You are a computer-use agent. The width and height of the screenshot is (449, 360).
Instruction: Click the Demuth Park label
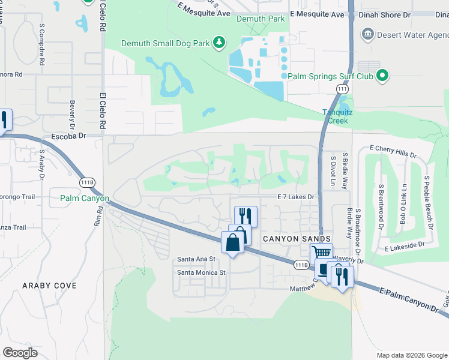(260, 19)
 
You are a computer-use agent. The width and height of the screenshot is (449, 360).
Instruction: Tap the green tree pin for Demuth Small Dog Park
(220, 42)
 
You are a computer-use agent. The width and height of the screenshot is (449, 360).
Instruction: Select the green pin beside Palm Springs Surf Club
(381, 76)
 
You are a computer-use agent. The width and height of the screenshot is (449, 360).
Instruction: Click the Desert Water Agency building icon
(367, 35)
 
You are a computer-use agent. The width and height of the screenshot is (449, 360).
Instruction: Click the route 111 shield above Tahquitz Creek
(342, 89)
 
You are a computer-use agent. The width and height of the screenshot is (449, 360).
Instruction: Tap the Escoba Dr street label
(69, 136)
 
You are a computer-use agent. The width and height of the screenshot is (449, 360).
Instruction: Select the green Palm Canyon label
(85, 198)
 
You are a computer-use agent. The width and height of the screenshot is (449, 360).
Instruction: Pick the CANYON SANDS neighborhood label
(297, 239)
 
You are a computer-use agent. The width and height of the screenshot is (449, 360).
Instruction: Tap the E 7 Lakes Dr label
(295, 197)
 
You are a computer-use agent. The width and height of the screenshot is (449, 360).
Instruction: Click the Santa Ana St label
(196, 259)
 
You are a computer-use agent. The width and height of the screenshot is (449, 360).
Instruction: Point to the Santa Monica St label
(200, 272)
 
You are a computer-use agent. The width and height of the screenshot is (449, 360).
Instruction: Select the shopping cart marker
(321, 253)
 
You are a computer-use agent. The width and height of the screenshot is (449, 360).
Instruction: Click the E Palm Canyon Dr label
(411, 299)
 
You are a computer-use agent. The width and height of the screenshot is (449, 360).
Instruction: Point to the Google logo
(20, 352)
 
